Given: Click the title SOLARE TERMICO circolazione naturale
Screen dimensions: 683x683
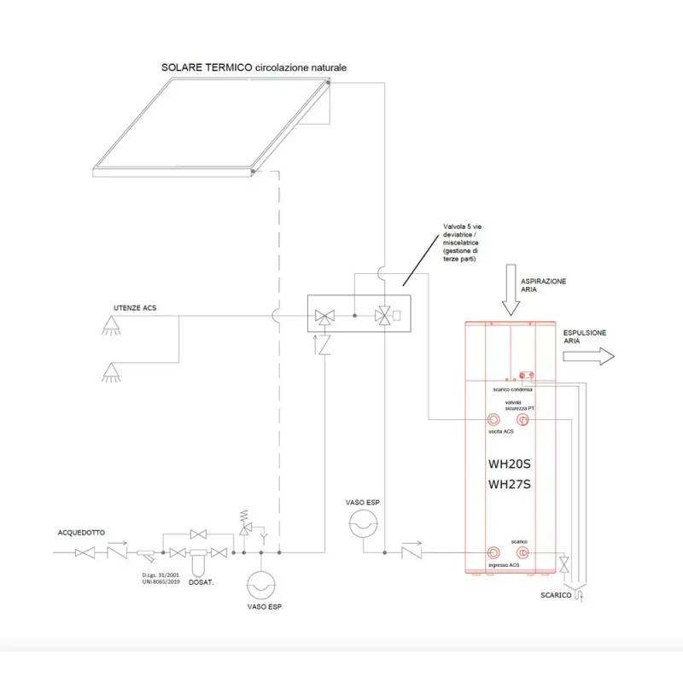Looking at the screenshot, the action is click(x=254, y=67).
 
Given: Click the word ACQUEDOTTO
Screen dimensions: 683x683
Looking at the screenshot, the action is click(x=81, y=532).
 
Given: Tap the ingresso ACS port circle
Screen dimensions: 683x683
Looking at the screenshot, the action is click(x=494, y=552).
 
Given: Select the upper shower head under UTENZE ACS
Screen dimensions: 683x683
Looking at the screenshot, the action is click(x=110, y=324).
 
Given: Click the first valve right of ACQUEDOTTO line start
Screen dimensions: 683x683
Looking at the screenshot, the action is click(x=86, y=553).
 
